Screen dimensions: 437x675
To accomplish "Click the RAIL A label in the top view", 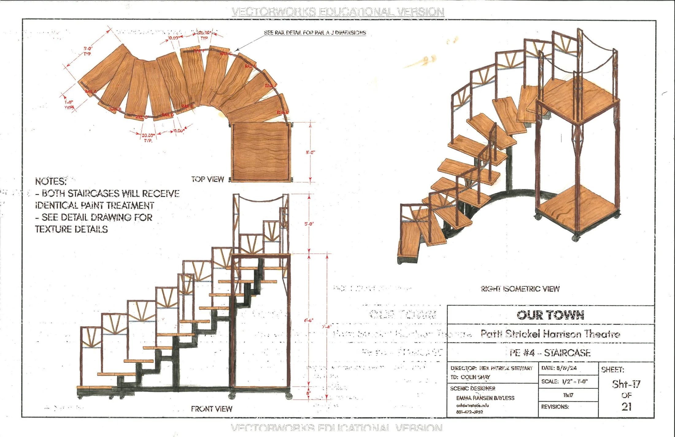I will point(91,91).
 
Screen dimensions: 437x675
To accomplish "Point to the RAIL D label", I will point(168,115).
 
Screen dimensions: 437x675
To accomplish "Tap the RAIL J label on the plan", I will point(271,85).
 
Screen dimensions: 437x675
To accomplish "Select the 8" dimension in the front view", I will point(308,393).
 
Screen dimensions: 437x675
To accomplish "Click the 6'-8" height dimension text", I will point(308,320).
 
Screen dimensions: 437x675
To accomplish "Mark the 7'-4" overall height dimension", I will point(326,327).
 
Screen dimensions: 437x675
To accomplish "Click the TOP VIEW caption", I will point(208,179).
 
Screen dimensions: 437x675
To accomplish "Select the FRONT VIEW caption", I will point(212,409).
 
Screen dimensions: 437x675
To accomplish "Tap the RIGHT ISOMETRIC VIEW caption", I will point(520,289).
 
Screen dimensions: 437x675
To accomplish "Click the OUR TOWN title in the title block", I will point(550,315).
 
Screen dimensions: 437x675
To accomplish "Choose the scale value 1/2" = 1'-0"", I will point(575,381).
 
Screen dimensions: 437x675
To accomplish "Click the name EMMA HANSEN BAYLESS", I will point(485,398).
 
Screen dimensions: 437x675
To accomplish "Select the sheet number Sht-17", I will point(626,384).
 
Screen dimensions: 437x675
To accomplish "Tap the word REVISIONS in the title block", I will point(555,407).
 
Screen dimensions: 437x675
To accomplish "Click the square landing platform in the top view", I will point(261,152).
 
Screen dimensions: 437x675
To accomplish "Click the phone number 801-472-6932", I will point(469,412).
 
